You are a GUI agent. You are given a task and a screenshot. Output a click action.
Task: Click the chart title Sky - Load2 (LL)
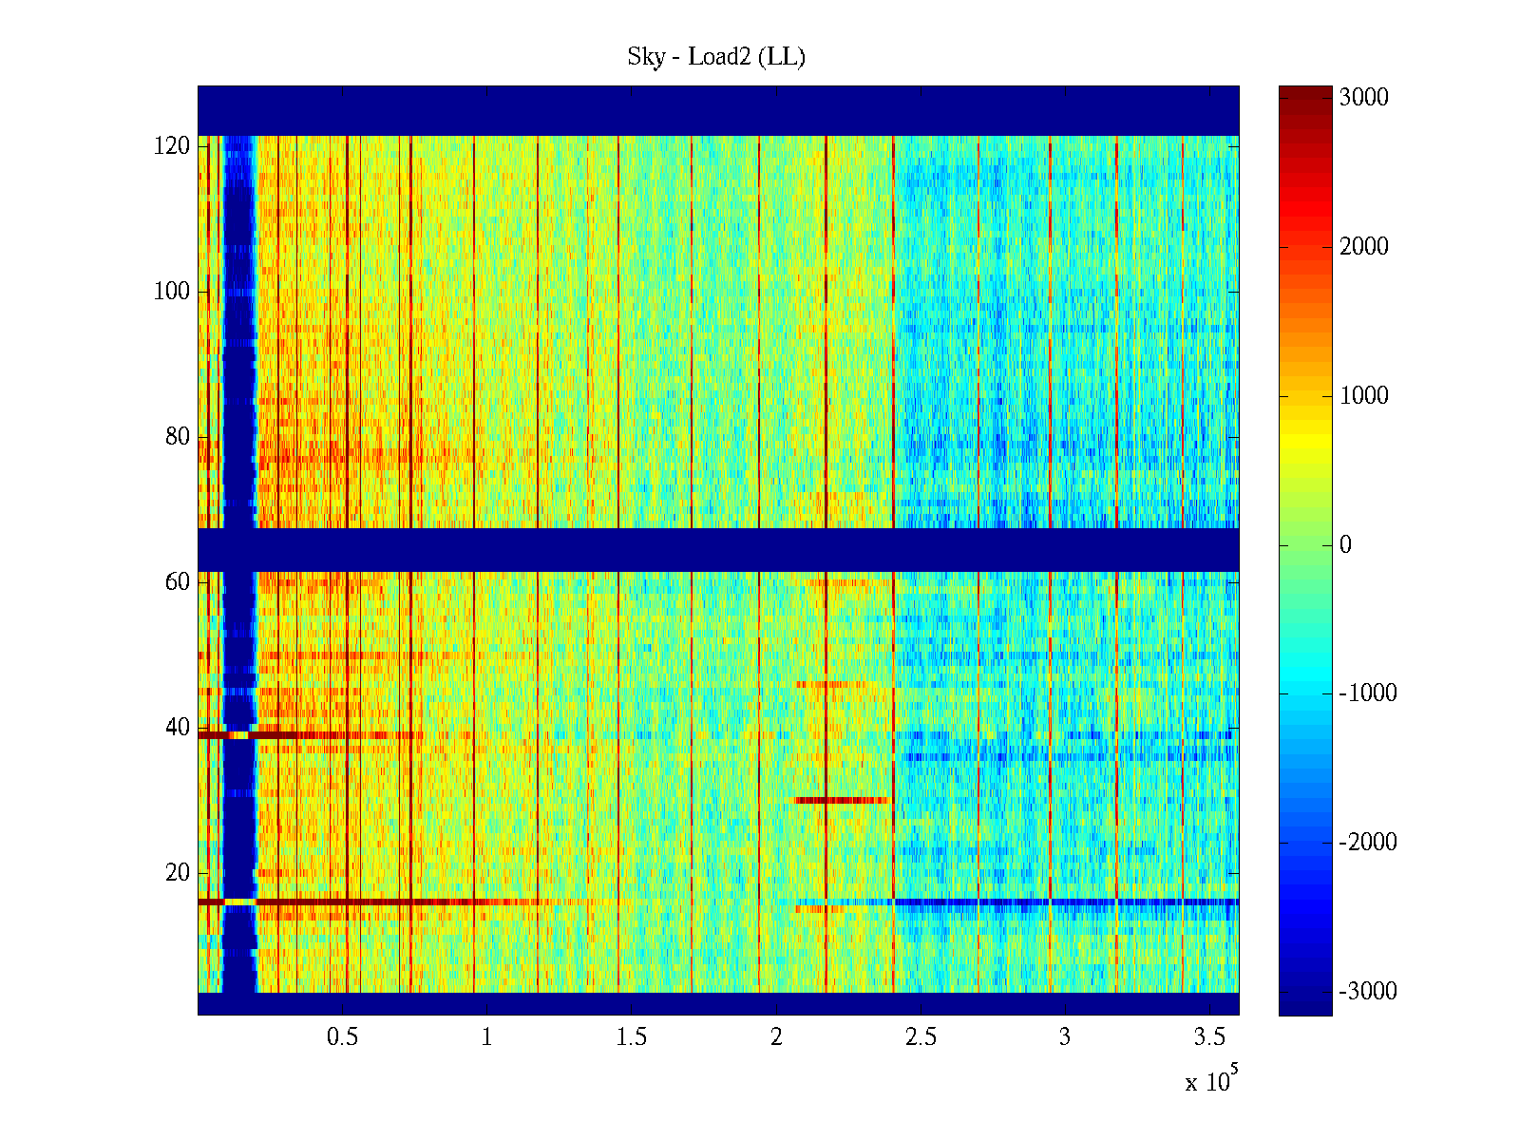716,57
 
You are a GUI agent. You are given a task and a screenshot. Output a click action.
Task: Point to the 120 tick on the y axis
172,146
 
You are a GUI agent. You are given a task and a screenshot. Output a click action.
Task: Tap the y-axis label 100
172,292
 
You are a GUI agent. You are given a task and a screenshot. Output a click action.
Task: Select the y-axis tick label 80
178,437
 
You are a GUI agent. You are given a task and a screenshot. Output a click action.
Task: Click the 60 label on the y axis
178,582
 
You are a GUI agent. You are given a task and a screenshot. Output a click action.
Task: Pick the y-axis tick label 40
178,728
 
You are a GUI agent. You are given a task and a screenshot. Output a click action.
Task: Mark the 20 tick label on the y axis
178,873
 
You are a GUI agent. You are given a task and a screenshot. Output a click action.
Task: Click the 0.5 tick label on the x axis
343,1037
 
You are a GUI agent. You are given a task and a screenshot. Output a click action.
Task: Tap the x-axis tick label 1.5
632,1037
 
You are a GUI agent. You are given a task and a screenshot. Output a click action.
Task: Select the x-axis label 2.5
921,1037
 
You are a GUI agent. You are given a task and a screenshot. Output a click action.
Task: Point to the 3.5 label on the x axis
1209,1037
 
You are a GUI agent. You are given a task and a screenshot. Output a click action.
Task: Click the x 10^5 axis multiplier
1211,1080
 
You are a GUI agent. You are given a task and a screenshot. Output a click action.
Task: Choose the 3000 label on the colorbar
1363,98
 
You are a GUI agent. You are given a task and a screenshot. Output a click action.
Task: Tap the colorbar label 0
1345,545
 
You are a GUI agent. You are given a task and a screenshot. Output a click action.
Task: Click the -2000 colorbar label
1368,843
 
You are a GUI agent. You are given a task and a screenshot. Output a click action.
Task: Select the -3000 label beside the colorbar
1368,992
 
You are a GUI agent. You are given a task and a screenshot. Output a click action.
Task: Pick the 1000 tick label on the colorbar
1363,396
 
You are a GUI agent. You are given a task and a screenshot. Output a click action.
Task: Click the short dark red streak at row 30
842,801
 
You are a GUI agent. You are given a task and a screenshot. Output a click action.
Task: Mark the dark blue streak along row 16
1064,902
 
